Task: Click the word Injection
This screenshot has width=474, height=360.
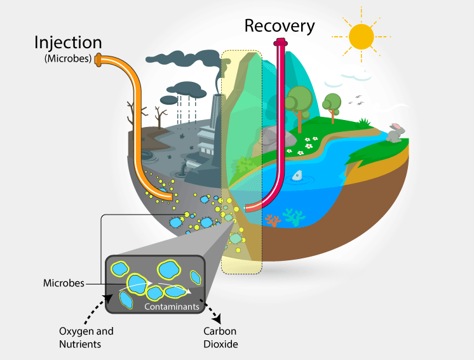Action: point(68,43)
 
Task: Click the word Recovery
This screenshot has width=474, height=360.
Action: point(280,27)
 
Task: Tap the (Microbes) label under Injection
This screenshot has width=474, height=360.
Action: point(68,58)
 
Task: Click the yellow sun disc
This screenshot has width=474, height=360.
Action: point(362,37)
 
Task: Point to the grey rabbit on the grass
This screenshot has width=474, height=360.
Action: point(395,133)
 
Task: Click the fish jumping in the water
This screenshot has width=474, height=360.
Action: point(298,175)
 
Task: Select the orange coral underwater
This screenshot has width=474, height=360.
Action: point(273,220)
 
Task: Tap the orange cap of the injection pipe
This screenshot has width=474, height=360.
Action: point(98,60)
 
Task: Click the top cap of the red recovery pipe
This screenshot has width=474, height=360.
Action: point(280,43)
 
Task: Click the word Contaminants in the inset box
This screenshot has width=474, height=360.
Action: point(172,307)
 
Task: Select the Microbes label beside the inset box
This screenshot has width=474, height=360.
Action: point(64,283)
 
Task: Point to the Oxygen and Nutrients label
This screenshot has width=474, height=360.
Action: point(86,337)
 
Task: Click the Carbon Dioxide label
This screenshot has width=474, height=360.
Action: point(220,337)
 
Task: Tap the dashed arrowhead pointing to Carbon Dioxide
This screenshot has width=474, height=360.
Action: point(217,318)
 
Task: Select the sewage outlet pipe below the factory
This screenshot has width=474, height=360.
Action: point(185,167)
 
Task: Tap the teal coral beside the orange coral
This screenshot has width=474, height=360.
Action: point(294,217)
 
